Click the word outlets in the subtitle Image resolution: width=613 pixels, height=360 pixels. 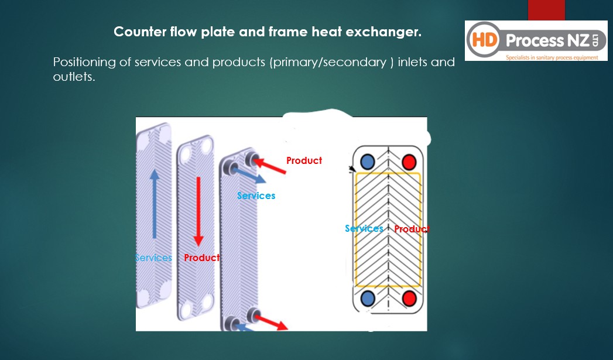(73, 77)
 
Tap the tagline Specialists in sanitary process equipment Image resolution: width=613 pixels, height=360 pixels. (552, 57)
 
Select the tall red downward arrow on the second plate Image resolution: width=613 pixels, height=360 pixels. (199, 210)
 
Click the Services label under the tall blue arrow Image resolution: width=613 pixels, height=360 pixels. (153, 258)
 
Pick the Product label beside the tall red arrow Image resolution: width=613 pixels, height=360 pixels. (202, 258)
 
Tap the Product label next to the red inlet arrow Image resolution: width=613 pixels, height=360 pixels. (304, 160)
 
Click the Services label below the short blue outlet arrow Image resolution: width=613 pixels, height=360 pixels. (256, 196)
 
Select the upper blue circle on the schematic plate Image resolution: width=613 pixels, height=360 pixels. (368, 161)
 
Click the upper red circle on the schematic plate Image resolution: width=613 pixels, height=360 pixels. (409, 161)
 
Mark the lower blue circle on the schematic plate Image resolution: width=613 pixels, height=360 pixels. (368, 299)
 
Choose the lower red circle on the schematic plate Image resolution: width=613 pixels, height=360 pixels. (409, 299)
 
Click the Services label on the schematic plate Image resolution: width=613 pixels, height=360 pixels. (364, 228)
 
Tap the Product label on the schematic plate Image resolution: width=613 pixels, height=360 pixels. (412, 229)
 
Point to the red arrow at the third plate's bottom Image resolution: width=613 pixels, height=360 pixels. (273, 322)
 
